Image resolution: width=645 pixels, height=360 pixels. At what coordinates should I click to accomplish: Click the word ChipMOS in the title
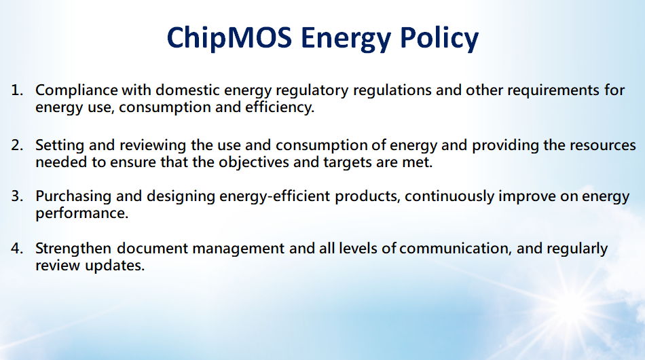tap(229, 37)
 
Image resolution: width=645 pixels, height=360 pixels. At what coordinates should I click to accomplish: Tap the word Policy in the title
tap(439, 39)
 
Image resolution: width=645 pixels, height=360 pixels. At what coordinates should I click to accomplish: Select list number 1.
tap(17, 90)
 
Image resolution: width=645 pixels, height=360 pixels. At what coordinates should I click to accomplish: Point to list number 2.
tap(17, 145)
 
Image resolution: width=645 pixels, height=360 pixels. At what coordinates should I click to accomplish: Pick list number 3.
tap(17, 196)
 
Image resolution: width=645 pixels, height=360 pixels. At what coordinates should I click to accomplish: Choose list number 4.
tap(17, 249)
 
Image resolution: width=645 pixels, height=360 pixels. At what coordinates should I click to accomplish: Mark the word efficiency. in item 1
tap(280, 107)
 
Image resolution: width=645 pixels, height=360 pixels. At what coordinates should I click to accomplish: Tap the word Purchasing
tap(73, 197)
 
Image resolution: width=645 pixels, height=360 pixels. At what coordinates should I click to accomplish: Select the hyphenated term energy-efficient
tap(274, 197)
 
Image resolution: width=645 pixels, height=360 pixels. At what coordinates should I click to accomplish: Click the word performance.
tap(82, 213)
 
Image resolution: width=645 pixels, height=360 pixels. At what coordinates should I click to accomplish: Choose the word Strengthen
tap(73, 249)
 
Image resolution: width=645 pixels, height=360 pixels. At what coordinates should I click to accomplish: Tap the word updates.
tap(115, 266)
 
